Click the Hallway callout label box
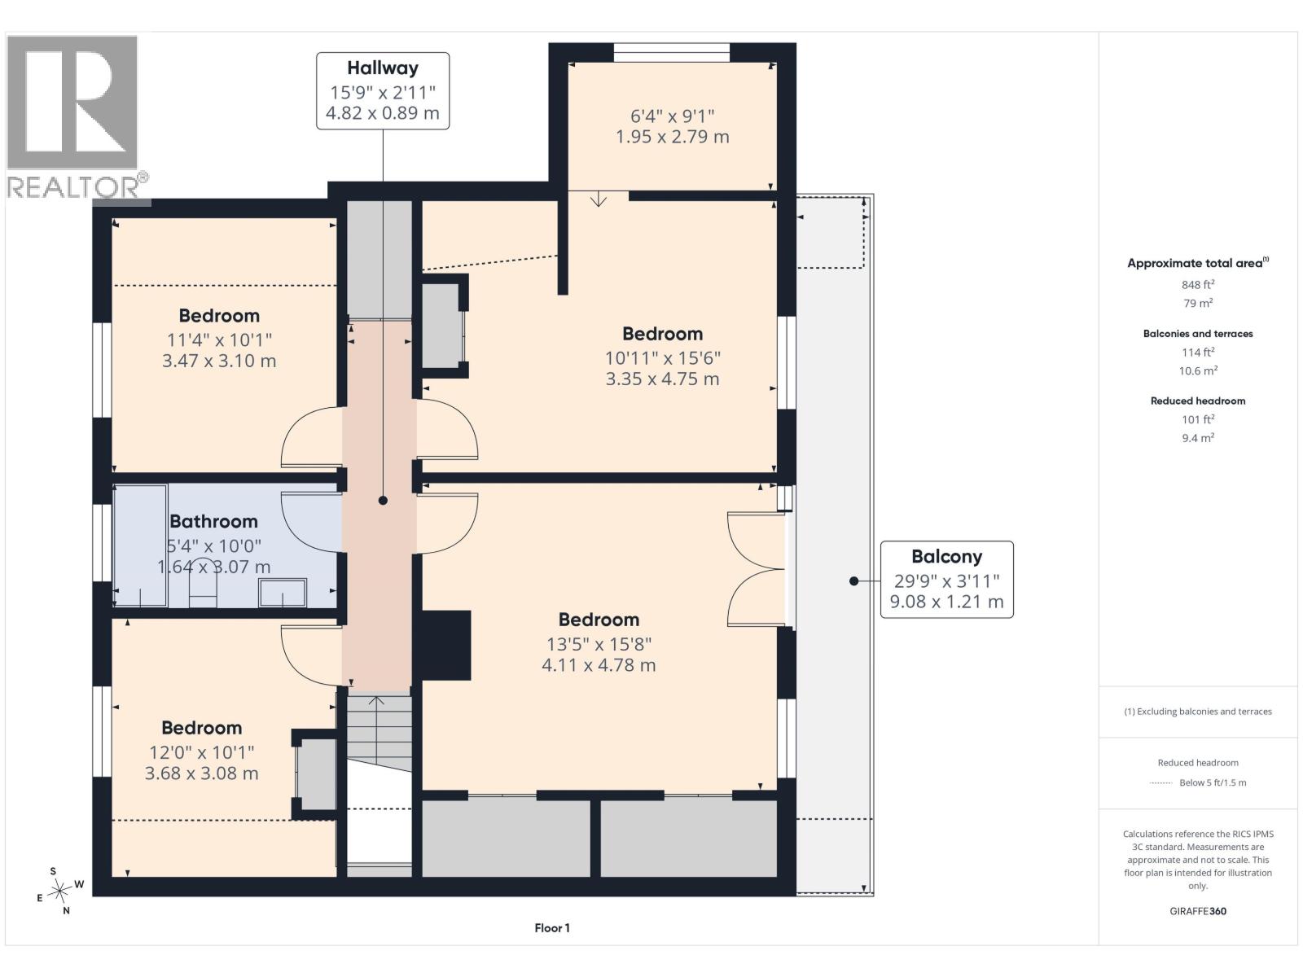pyautogui.click(x=382, y=90)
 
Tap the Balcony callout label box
pyautogui.click(x=946, y=579)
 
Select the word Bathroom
pyautogui.click(x=213, y=521)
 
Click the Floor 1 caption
pyautogui.click(x=552, y=928)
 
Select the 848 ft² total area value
pyautogui.click(x=1198, y=284)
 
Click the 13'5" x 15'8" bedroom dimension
pyautogui.click(x=599, y=644)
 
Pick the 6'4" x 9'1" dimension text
pyautogui.click(x=672, y=116)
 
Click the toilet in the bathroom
pyautogui.click(x=203, y=582)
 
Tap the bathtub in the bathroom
pyautogui.click(x=140, y=545)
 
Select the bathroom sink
pyautogui.click(x=283, y=593)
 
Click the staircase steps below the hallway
pyautogui.click(x=379, y=734)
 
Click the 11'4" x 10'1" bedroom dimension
pyautogui.click(x=219, y=340)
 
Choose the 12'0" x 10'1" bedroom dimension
pyautogui.click(x=202, y=753)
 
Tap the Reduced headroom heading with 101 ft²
pyautogui.click(x=1198, y=401)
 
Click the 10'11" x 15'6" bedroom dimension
pyautogui.click(x=662, y=358)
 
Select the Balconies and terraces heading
pyautogui.click(x=1198, y=334)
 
